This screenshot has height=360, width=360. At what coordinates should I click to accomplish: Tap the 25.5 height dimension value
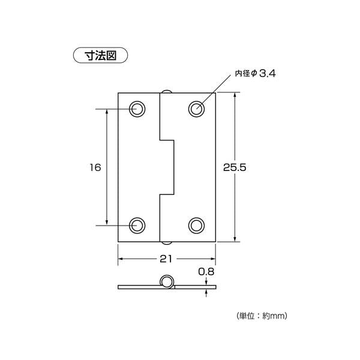click(235, 168)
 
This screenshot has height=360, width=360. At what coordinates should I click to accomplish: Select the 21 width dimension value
click(166, 259)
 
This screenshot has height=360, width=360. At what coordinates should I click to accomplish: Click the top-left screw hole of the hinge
click(138, 109)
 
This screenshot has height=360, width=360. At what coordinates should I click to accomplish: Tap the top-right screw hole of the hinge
click(196, 109)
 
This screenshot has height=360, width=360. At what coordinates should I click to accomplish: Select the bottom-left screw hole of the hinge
click(138, 225)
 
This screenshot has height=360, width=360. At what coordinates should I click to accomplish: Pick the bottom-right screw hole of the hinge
click(196, 225)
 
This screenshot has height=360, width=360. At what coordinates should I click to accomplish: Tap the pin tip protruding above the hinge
click(166, 91)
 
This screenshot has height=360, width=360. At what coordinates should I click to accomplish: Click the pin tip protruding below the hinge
click(166, 243)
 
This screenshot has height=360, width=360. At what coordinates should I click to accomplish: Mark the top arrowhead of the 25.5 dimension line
click(235, 97)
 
